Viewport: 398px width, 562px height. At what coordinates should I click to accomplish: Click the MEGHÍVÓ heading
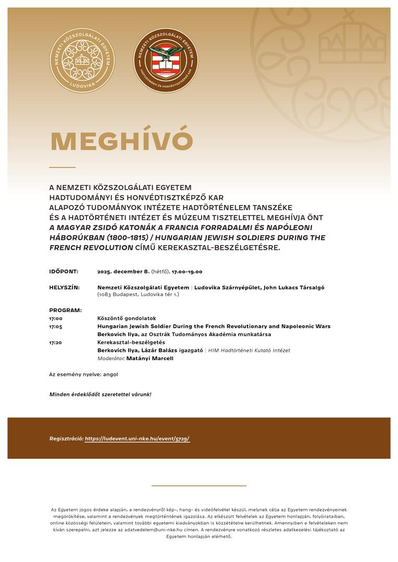point(121,142)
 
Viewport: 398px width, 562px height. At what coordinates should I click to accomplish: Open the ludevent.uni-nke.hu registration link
point(137,439)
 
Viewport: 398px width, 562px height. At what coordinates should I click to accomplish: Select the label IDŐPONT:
point(64,272)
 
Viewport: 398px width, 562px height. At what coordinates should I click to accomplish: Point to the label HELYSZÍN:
point(65,287)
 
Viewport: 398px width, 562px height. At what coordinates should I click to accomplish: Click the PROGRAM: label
point(65,310)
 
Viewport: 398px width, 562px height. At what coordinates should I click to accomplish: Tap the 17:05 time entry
point(56,326)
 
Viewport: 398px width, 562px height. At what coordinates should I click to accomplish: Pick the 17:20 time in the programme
point(56,342)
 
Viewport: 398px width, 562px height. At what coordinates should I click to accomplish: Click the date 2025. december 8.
point(123,272)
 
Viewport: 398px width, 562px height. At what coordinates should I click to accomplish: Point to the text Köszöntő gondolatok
point(127,318)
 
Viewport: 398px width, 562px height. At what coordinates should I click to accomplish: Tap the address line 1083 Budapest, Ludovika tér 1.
point(138,295)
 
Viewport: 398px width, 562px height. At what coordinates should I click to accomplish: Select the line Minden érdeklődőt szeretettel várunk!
point(100,394)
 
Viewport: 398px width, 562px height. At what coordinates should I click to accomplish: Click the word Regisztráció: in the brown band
point(66,439)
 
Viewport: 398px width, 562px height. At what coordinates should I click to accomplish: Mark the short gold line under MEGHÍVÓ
point(63,168)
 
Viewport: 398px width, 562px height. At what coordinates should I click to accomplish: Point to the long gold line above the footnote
point(198,486)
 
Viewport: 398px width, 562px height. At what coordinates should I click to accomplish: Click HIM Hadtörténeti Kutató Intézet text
point(249,351)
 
